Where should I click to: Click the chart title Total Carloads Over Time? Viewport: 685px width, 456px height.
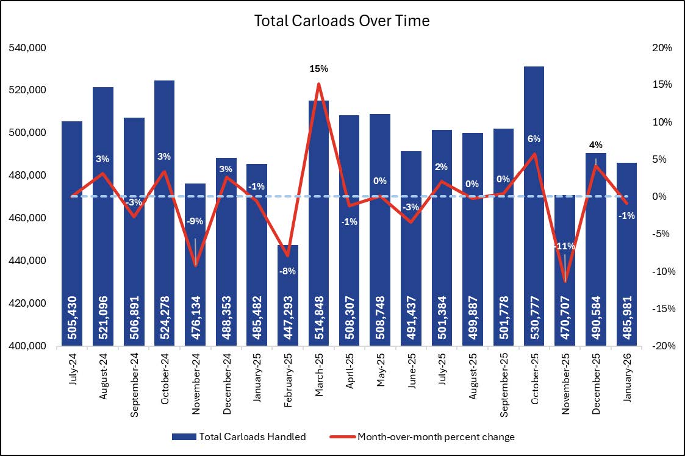[x=342, y=21]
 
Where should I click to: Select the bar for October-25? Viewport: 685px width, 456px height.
[x=534, y=183]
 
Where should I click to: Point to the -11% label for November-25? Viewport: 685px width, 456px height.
[x=564, y=246]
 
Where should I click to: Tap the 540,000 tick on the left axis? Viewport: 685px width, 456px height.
[x=29, y=48]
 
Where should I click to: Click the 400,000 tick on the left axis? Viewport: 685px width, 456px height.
[x=29, y=346]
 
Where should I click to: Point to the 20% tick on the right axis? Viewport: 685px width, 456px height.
[x=661, y=48]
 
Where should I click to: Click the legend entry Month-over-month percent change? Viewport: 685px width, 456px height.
[x=436, y=436]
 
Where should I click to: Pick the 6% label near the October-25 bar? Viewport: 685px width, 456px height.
[x=534, y=138]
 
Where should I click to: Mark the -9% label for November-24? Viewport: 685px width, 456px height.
[x=195, y=221]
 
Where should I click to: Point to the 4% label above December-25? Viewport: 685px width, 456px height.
[x=596, y=145]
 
